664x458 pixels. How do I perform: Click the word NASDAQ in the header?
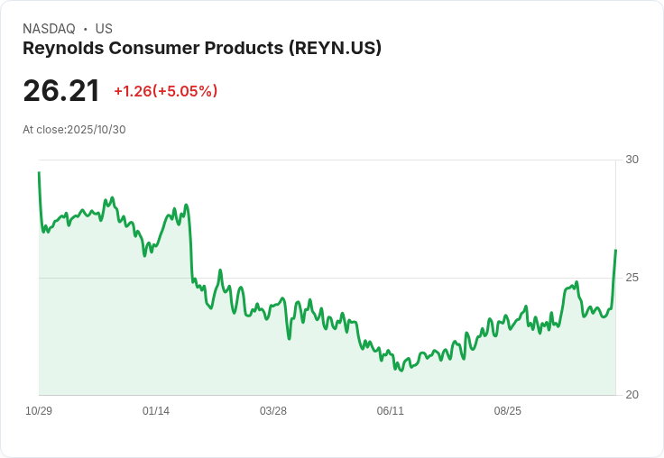click(x=49, y=29)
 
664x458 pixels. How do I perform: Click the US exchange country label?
click(x=104, y=29)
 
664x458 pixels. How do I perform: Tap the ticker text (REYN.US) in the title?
click(x=335, y=48)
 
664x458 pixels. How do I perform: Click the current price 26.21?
click(x=61, y=90)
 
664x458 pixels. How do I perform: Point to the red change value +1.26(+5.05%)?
click(x=165, y=91)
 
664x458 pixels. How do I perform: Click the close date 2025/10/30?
click(x=97, y=129)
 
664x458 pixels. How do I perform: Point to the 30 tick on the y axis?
click(x=632, y=160)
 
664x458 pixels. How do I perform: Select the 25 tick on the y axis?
click(x=632, y=278)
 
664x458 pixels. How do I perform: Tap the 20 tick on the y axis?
click(x=632, y=395)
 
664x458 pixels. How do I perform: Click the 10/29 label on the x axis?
click(x=39, y=411)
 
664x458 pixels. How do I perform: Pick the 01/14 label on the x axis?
click(x=156, y=411)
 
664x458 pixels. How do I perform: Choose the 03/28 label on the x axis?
click(x=273, y=411)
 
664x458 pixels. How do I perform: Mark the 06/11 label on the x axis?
click(x=391, y=411)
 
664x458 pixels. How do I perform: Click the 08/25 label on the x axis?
click(x=508, y=411)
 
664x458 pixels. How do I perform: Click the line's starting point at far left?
click(x=39, y=172)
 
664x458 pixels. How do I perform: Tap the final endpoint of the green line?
click(x=615, y=250)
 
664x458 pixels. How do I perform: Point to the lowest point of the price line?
click(x=400, y=371)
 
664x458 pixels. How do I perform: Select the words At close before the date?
click(x=43, y=129)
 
